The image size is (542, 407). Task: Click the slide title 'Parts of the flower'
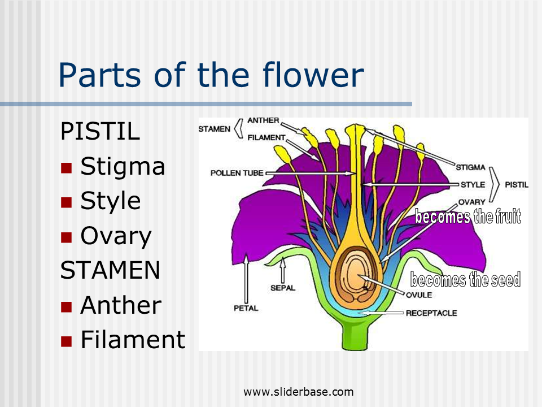211,75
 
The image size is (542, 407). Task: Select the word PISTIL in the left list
100,132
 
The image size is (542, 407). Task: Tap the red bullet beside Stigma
67,167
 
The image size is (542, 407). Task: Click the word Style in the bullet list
110,201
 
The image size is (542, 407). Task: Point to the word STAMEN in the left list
110,270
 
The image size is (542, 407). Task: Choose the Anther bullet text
121,305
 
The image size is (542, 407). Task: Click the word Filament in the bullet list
133,340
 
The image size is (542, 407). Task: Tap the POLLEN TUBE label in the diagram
237,173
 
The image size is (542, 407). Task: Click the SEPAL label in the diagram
282,288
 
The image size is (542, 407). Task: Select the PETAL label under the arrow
246,308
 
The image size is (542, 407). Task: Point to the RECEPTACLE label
431,313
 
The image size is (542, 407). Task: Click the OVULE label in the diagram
418,295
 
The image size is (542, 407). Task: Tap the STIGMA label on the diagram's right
470,167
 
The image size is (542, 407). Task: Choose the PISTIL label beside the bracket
516,184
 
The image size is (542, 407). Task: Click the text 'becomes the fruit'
467,217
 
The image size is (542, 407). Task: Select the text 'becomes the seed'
465,280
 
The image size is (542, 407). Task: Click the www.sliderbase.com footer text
299,392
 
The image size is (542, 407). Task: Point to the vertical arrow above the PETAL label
246,277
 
